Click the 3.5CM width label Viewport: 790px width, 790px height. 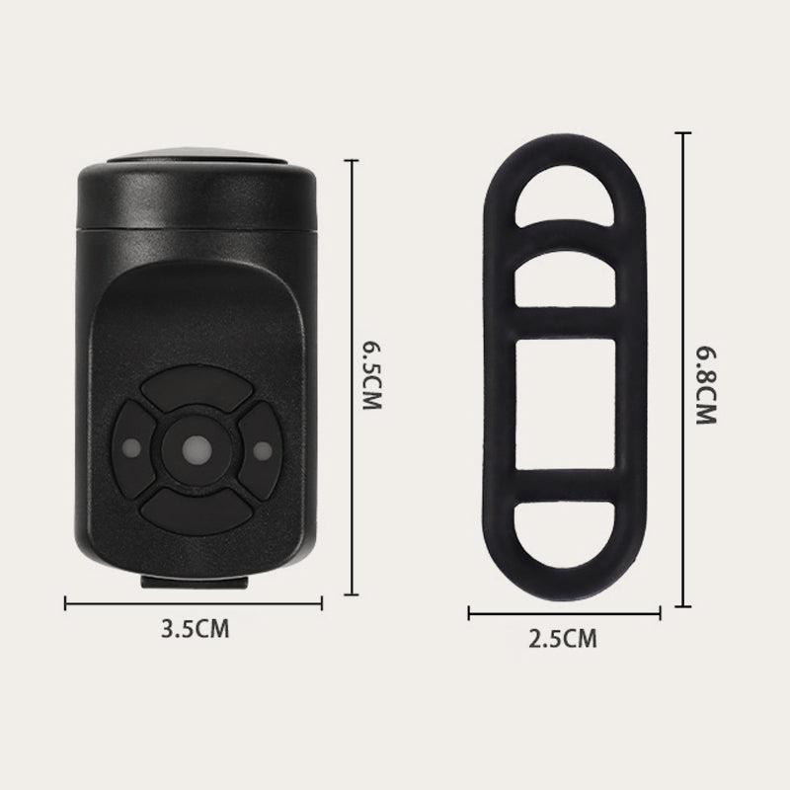click(x=195, y=629)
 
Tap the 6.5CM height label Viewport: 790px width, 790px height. click(x=372, y=376)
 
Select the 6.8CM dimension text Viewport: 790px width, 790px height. click(x=706, y=385)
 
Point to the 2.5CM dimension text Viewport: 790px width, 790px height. click(x=563, y=638)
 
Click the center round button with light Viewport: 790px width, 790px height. click(x=197, y=450)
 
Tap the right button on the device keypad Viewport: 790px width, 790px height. click(x=261, y=451)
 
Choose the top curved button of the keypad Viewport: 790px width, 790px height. click(x=197, y=387)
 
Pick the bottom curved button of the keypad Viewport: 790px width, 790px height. click(x=197, y=513)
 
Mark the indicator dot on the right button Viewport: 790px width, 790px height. click(x=263, y=451)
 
